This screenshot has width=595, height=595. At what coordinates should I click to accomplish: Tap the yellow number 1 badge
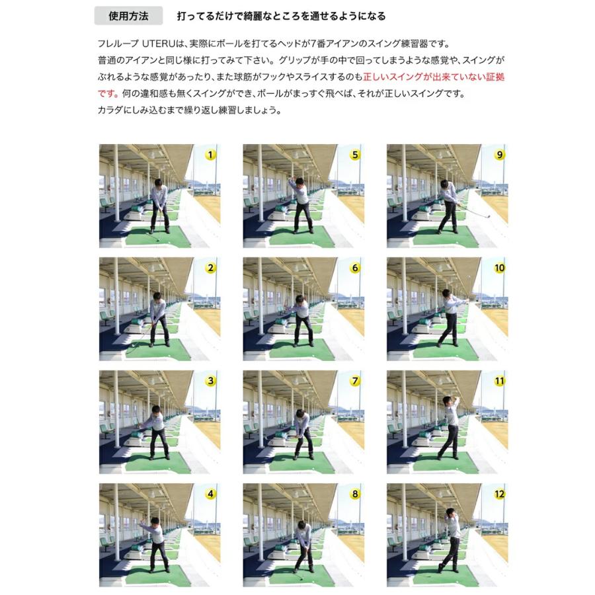(x=210, y=155)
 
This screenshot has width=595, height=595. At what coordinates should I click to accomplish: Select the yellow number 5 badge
(x=355, y=155)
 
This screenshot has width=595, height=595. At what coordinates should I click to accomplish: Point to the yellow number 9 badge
(x=499, y=155)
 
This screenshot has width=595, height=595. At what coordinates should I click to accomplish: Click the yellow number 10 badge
(x=499, y=268)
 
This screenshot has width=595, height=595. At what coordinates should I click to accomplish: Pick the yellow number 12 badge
(x=499, y=494)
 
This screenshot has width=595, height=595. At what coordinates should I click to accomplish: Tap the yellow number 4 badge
(x=210, y=494)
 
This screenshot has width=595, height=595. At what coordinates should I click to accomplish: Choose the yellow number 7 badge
(x=355, y=381)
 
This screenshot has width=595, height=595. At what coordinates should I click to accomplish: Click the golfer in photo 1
(x=159, y=205)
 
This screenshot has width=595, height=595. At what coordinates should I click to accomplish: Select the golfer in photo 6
(x=302, y=321)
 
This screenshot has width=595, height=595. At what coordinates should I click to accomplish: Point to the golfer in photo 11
(x=450, y=426)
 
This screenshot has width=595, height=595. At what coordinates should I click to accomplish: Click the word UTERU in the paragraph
(x=157, y=45)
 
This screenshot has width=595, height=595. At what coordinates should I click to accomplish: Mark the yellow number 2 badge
(x=210, y=268)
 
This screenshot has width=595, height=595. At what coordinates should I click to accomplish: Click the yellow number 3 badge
(x=210, y=381)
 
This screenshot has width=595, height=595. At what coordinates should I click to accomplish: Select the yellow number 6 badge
(x=355, y=268)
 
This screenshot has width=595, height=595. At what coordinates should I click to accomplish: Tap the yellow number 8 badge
(x=355, y=494)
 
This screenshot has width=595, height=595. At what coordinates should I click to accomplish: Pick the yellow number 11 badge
(x=499, y=381)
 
